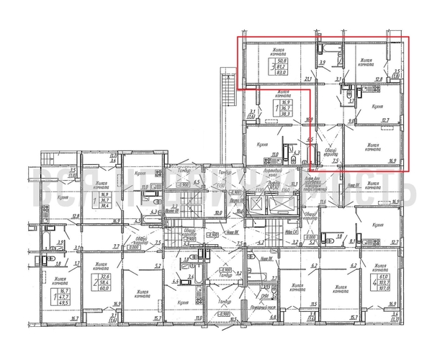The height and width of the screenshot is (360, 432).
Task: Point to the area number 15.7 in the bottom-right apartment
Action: tap(354, 316)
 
